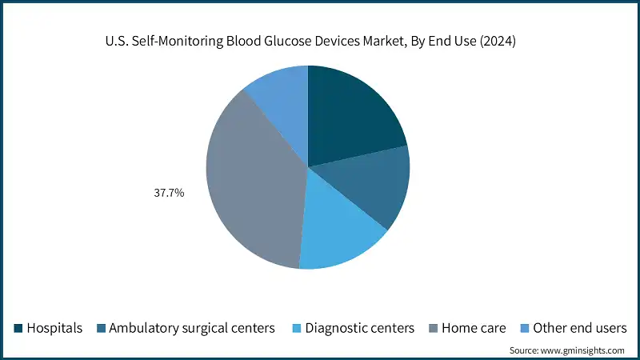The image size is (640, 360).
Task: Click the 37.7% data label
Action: click(x=169, y=192)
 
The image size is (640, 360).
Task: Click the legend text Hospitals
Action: click(x=54, y=328)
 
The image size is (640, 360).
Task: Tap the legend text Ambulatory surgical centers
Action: click(x=192, y=328)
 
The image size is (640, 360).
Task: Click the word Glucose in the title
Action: click(x=293, y=42)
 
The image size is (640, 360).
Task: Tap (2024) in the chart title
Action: click(x=498, y=42)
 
